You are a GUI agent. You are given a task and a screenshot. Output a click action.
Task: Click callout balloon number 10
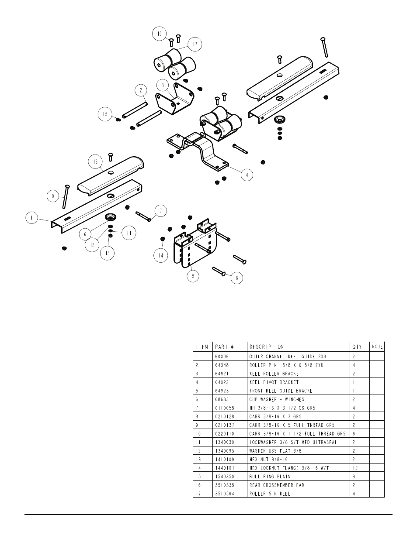click(159, 34)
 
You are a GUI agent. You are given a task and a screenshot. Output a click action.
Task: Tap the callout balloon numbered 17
click(195, 44)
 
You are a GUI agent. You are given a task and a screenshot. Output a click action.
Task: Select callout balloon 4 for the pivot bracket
click(247, 175)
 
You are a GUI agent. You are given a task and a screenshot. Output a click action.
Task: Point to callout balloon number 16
click(95, 162)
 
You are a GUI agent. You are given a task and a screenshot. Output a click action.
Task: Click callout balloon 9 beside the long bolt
click(53, 196)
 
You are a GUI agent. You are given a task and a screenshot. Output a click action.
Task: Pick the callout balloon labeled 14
click(161, 255)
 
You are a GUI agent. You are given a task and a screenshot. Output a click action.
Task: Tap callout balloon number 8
click(236, 278)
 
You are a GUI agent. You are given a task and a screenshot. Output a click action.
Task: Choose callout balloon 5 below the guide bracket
click(193, 276)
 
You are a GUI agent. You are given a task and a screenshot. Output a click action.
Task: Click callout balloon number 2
click(141, 90)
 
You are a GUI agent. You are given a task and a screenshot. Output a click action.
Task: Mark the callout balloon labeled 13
click(107, 253)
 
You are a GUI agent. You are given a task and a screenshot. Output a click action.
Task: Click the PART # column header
click(224, 347)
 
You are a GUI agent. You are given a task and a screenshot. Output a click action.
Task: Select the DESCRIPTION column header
click(267, 347)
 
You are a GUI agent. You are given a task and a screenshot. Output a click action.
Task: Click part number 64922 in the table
click(222, 382)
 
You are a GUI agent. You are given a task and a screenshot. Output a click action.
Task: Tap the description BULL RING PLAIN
click(270, 477)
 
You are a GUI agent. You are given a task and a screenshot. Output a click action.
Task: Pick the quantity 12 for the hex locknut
click(355, 468)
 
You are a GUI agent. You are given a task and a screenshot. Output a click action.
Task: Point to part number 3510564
click(225, 494)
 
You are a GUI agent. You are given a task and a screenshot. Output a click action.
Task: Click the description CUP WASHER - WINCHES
click(277, 399)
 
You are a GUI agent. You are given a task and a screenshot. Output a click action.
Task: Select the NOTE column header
click(377, 347)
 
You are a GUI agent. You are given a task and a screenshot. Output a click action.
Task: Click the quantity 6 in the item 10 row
click(354, 433)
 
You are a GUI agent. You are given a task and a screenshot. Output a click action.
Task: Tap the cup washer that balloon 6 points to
click(111, 216)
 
